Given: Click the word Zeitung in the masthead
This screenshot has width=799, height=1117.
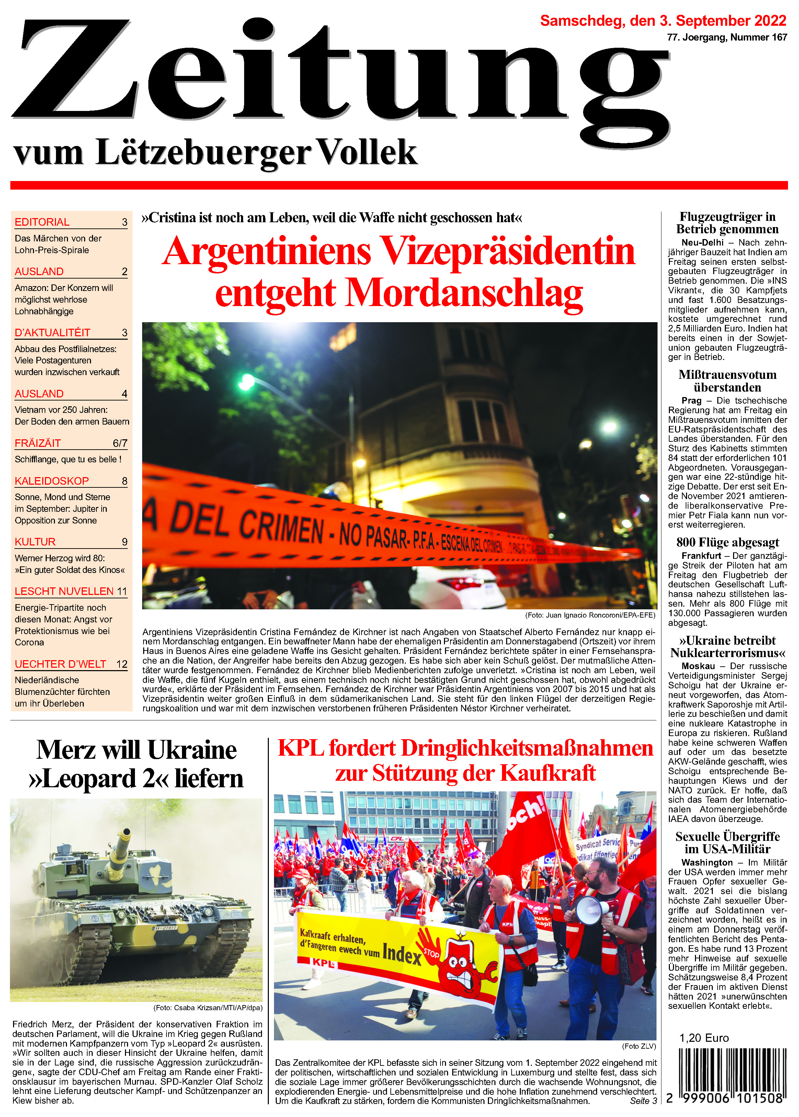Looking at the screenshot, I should (340, 74).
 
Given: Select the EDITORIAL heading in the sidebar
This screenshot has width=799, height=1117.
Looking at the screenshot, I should (42, 222).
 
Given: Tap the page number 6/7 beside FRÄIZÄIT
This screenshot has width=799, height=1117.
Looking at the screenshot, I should (120, 443).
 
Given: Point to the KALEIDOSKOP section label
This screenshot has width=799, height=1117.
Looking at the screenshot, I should (52, 481).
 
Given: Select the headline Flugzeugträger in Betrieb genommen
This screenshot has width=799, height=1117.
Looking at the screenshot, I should (727, 223).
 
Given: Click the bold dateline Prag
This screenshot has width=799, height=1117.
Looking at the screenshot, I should (691, 400).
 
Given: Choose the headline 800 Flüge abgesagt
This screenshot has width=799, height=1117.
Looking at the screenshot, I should (727, 542).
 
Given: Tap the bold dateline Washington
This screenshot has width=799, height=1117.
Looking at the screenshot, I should (707, 862).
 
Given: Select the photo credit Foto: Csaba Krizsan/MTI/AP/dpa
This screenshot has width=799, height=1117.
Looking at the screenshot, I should (208, 1008).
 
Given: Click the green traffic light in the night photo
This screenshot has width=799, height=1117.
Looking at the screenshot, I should (246, 380).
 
